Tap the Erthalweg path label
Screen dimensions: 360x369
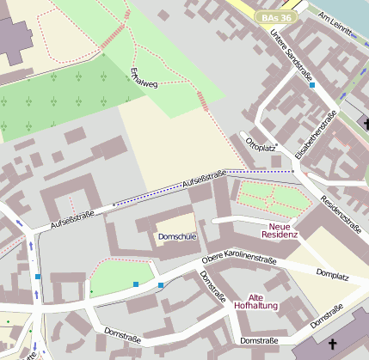point(138,78)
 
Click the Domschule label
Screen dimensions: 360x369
point(177,236)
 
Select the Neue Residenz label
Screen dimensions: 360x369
point(278,229)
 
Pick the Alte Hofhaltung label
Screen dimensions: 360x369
point(256,301)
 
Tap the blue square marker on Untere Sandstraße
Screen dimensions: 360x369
point(311,85)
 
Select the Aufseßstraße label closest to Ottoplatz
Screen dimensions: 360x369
point(204,180)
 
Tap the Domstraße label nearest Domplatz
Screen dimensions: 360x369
point(327,315)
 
